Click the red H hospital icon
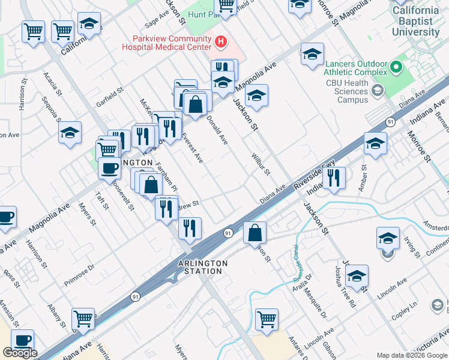[x=221, y=41]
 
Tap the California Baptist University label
[x=415, y=21]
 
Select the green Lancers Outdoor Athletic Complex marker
[x=396, y=66]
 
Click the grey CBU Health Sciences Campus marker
[x=377, y=91]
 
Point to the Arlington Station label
[x=203, y=268]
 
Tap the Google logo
[x=20, y=353]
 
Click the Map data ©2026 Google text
[x=411, y=355]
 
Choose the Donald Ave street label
[x=217, y=130]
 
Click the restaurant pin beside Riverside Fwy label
[x=334, y=178]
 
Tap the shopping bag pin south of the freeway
[x=255, y=232]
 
